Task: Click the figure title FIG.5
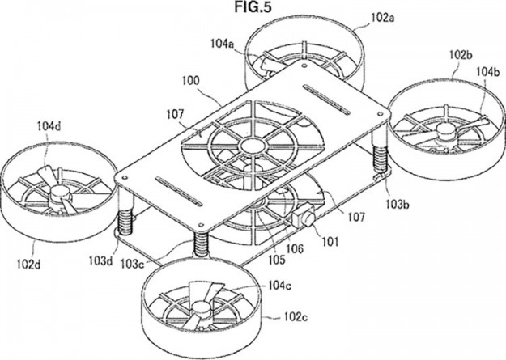coord(253,7)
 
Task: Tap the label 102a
coord(383,18)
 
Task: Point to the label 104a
coord(223,43)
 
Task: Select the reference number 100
coord(191,81)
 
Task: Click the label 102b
coord(461,55)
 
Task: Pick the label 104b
coord(488,72)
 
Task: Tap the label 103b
coord(398,204)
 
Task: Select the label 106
coord(295,248)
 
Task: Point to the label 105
coord(277,260)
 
